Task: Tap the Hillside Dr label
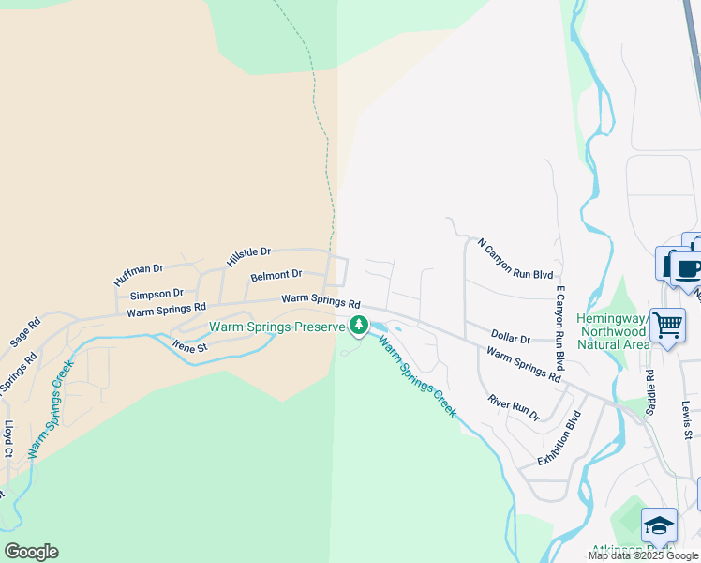(248, 252)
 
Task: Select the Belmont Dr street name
(276, 275)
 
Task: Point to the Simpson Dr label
(157, 295)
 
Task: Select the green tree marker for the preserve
(358, 326)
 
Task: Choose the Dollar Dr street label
(511, 337)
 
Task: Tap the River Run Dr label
(514, 407)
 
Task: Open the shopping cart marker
(667, 327)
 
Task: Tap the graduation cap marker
(659, 525)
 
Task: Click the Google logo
(31, 552)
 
